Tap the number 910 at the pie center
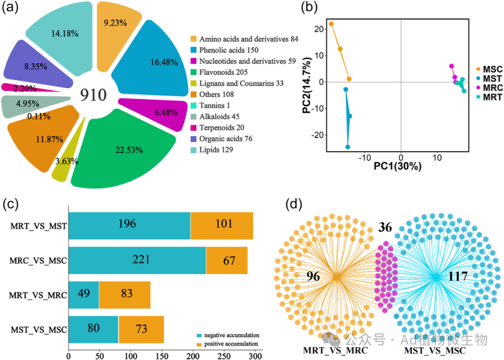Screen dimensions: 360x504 93,95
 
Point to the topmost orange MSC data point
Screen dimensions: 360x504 331,24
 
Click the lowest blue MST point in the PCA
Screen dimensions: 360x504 348,147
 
